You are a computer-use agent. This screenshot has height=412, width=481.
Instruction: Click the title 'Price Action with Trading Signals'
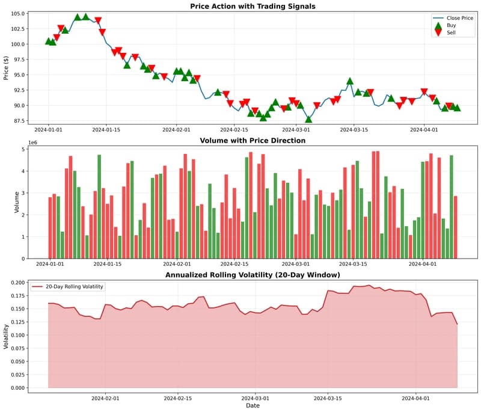pos(253,7)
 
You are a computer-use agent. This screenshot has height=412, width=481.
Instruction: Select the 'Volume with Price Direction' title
pos(253,141)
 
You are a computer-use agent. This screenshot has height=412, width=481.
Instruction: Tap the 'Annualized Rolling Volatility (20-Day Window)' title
pos(253,275)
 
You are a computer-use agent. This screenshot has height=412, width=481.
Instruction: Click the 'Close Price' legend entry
pos(460,18)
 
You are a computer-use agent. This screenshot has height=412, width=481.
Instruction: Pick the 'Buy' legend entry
pos(451,25)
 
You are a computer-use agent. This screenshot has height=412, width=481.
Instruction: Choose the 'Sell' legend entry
pos(451,32)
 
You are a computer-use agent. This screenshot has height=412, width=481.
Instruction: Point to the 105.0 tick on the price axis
pos(17,14)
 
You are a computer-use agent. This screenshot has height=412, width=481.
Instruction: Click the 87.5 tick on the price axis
pos(18,121)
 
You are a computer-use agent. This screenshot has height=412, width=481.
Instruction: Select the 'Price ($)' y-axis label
pos(6,68)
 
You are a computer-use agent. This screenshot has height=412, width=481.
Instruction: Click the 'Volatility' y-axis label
pos(6,337)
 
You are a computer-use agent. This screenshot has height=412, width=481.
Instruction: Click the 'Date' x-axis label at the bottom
pos(253,405)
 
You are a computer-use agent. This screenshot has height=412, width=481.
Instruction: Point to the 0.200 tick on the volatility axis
pos(17,283)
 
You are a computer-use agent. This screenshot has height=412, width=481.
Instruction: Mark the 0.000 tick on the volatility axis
pos(17,388)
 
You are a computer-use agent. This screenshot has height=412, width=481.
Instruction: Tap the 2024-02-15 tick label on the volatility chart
pos(179,398)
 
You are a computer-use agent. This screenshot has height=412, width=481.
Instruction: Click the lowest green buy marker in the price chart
pos(308,119)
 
